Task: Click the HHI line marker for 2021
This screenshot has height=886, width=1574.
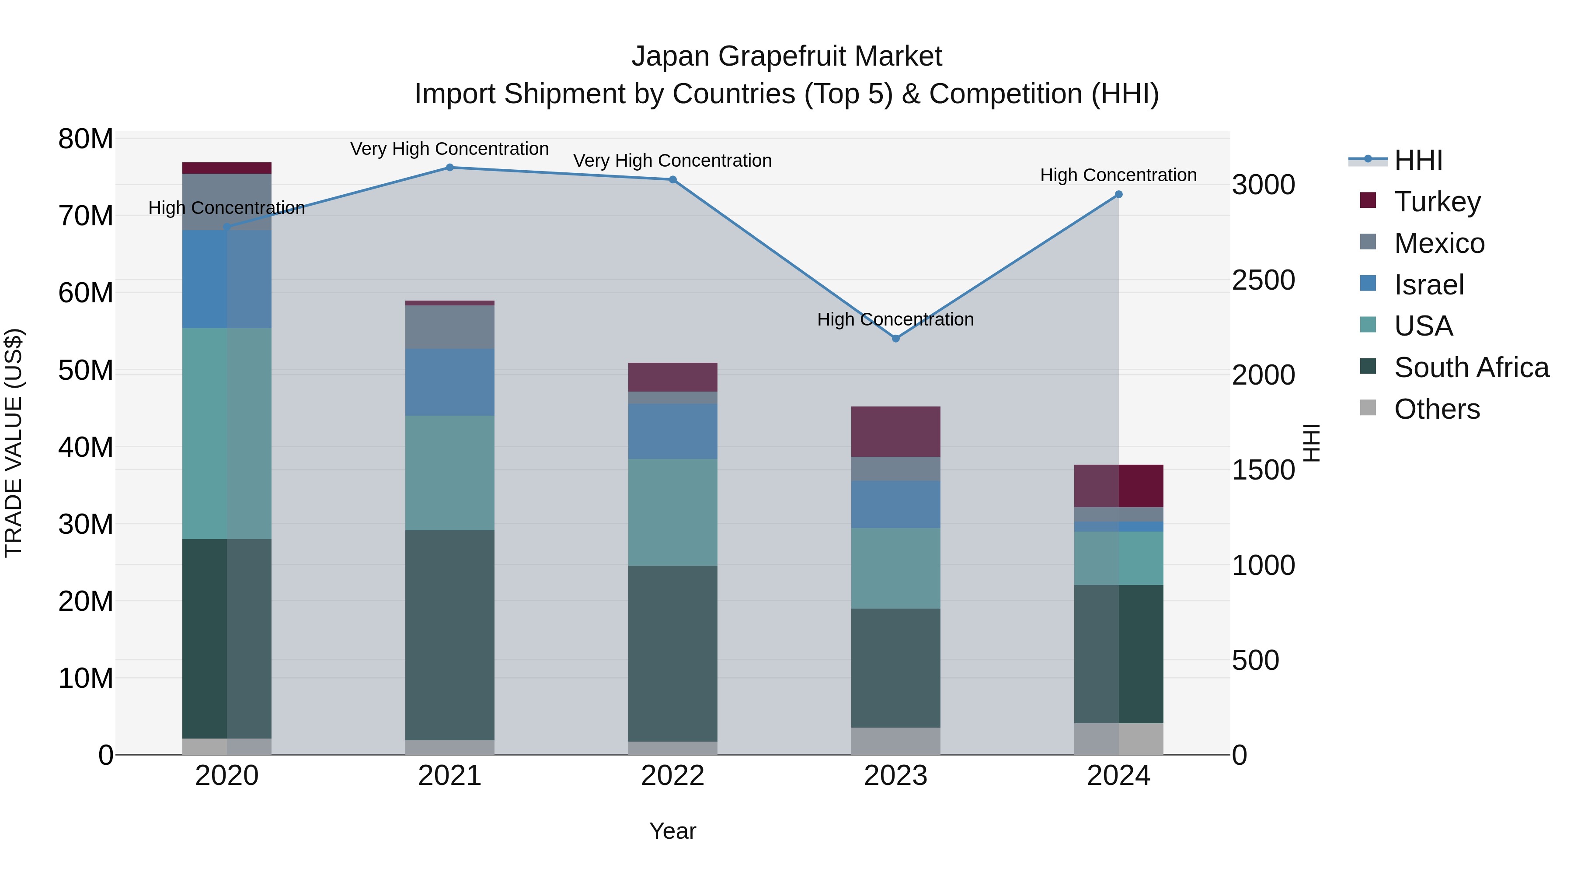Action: click(450, 168)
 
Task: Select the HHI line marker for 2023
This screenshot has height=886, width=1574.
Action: click(896, 339)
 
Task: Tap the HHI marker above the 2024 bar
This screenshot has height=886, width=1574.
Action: click(1119, 194)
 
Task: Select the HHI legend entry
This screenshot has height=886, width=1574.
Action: click(1417, 160)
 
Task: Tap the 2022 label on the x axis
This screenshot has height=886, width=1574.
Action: click(673, 776)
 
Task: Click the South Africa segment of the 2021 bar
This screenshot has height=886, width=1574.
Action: click(450, 636)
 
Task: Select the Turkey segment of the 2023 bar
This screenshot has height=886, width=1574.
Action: click(896, 432)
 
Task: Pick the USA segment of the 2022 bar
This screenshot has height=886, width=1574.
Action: click(673, 512)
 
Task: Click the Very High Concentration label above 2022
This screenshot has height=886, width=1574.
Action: click(673, 161)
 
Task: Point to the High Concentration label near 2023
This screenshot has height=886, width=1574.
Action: click(896, 320)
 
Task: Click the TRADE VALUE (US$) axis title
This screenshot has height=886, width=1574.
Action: click(14, 443)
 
